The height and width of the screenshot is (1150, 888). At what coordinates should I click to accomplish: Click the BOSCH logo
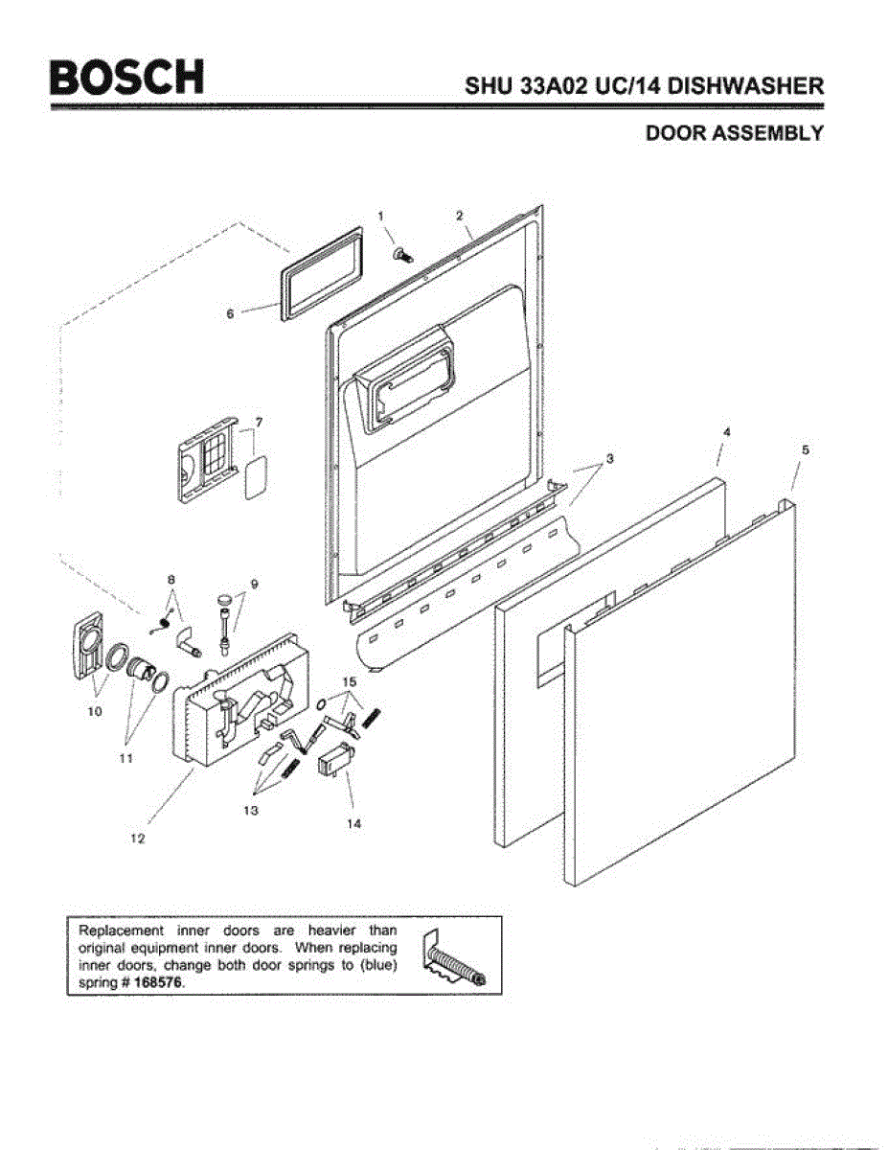tap(128, 78)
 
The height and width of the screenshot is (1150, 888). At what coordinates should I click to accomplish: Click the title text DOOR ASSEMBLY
tap(735, 133)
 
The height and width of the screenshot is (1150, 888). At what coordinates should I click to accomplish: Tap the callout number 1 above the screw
tap(380, 215)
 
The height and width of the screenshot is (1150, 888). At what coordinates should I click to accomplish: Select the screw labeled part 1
tap(402, 253)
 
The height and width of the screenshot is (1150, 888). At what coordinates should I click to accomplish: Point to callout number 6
tap(230, 312)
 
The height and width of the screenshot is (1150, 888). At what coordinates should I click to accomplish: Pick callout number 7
tap(259, 422)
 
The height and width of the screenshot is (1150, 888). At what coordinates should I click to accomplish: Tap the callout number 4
tap(726, 433)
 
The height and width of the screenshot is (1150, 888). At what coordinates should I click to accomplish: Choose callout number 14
tap(354, 822)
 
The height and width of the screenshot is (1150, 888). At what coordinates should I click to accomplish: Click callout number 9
tap(255, 584)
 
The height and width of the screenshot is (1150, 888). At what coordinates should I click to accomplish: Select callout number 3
tap(610, 459)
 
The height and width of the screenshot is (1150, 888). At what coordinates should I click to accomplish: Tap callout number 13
tap(253, 811)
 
